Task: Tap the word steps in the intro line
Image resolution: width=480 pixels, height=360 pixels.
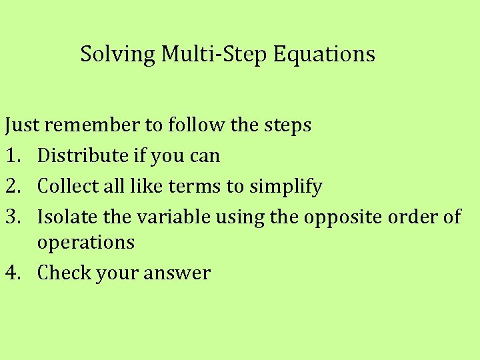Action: tap(288, 125)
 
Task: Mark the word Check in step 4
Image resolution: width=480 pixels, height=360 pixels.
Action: tap(62, 273)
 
